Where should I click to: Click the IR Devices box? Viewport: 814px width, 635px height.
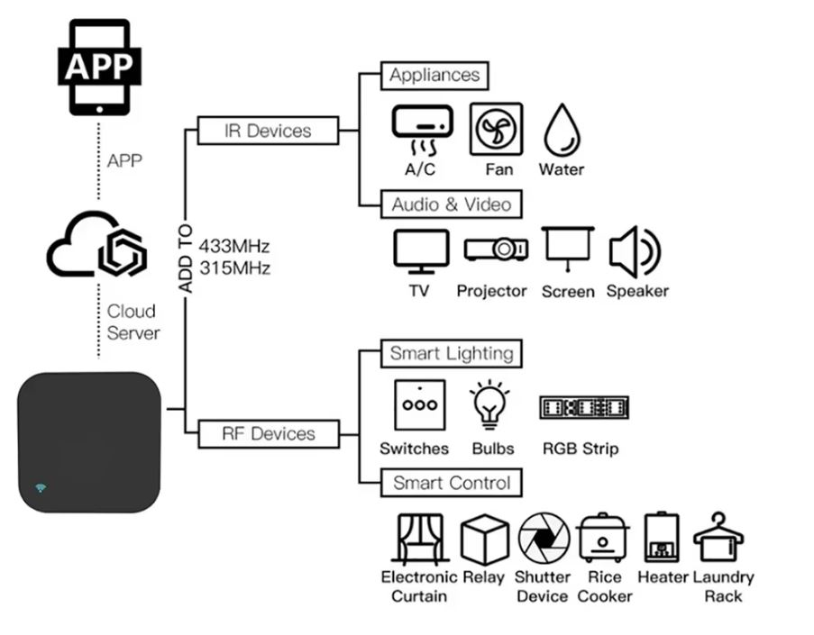pos(267,132)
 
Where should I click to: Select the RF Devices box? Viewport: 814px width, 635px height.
pos(268,434)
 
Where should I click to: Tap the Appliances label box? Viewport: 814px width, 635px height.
pos(434,76)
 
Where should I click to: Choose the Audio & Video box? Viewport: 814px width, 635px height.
pos(451,205)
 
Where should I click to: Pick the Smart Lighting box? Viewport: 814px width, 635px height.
pos(451,354)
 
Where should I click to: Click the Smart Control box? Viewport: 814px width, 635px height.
pos(451,484)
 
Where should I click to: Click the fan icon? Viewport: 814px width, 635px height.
pos(496,130)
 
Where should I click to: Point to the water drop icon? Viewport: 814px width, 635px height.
pos(562,131)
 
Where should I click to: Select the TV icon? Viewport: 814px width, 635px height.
pos(421,251)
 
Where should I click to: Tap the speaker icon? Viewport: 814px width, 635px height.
pos(635,251)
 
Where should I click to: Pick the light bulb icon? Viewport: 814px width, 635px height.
pos(490,406)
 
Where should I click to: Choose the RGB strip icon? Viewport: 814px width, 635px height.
pos(583,408)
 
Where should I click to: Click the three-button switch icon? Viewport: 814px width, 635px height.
pos(419,406)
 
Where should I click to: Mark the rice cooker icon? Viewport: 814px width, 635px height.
pos(604,539)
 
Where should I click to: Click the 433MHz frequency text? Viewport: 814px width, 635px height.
pos(234,246)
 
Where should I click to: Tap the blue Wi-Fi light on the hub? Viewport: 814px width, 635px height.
pos(41,488)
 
